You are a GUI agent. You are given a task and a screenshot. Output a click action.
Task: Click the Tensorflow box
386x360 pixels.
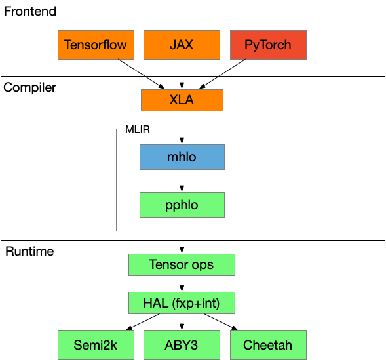click(96, 45)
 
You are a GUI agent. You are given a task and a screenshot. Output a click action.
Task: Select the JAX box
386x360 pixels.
click(182, 45)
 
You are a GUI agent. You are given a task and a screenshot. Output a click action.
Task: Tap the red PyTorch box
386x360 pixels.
click(268, 45)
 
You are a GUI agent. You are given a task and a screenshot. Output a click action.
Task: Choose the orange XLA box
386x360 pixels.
click(182, 100)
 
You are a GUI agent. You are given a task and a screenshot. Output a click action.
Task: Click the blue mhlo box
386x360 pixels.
click(182, 157)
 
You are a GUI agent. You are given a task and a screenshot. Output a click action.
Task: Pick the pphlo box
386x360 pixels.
click(182, 205)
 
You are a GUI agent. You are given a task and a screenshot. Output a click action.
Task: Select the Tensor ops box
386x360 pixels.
click(182, 265)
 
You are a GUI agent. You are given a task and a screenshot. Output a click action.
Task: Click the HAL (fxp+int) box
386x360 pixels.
click(182, 303)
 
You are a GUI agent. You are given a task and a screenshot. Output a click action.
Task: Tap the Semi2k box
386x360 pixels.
click(96, 345)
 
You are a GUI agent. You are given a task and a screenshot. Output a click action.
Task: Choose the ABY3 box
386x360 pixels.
click(182, 345)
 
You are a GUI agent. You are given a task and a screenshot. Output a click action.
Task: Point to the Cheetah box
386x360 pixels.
click(268, 345)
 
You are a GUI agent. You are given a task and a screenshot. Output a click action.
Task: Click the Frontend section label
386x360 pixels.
click(30, 11)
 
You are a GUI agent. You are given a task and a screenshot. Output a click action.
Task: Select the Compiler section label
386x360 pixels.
click(29, 88)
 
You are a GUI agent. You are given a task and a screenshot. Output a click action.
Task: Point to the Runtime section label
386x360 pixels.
click(29, 251)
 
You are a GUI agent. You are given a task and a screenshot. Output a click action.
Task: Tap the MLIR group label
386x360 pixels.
click(138, 129)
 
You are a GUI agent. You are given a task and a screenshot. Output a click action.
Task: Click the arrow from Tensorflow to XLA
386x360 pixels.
click(141, 73)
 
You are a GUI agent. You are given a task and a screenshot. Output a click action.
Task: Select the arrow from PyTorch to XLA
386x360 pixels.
click(223, 73)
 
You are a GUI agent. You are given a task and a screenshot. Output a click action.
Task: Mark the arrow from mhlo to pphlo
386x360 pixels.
click(182, 180)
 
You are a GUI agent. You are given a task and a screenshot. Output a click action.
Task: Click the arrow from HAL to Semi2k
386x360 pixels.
click(143, 322)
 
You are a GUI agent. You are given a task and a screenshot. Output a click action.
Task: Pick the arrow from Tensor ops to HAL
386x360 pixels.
click(182, 283)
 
